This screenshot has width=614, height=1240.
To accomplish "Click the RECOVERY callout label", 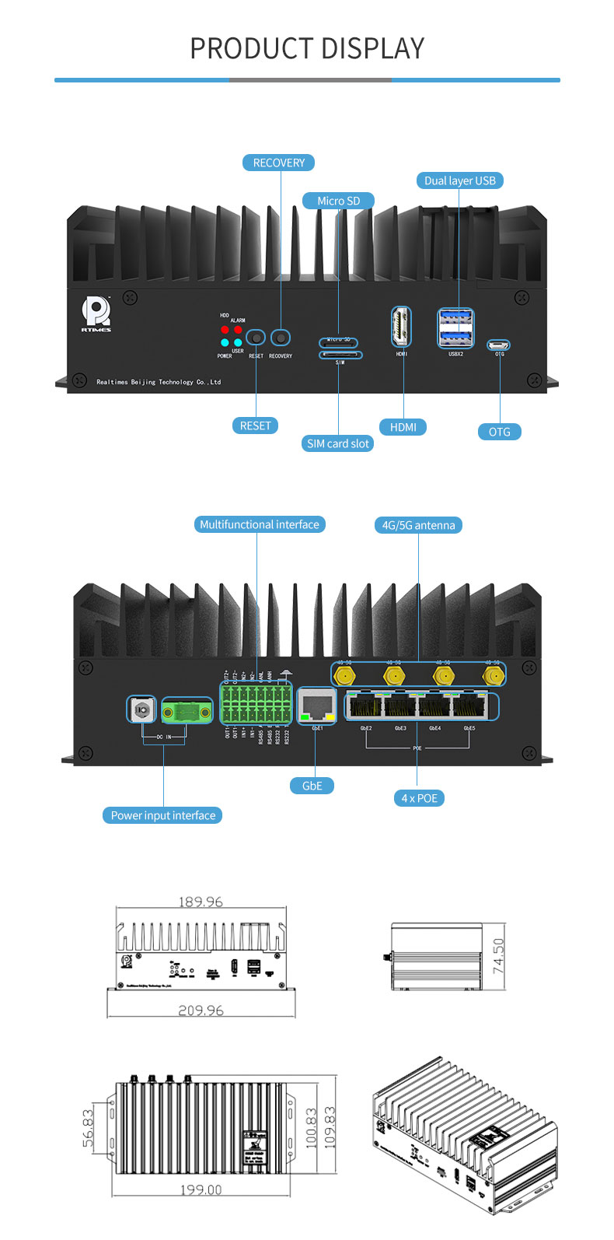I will tap(279, 163).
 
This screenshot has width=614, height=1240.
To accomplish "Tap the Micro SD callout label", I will tap(338, 201).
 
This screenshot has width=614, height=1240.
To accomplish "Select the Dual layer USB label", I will tap(459, 180).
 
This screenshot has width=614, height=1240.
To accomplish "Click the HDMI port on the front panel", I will tap(401, 326).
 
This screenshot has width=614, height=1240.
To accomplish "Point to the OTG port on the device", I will tap(498, 345).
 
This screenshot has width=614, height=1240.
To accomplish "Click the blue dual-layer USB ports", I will tap(455, 328).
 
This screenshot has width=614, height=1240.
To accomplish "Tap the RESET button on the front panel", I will tap(256, 338).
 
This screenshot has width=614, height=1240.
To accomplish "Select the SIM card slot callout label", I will tap(338, 443).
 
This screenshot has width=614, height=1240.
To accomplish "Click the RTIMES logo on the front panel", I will tap(96, 314).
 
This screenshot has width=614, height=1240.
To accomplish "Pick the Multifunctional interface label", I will tap(259, 524).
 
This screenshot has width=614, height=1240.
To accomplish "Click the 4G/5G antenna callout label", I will tap(418, 525).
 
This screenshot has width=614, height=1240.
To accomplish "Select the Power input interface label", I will tap(163, 815).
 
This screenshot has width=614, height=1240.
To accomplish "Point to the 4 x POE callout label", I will tap(419, 798).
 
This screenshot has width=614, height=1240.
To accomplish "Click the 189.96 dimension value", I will tap(201, 902).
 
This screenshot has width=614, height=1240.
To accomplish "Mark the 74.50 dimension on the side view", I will tap(498, 956).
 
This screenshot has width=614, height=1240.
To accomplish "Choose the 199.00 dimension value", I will tap(201, 1189).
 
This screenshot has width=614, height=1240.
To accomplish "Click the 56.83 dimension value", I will tap(88, 1127).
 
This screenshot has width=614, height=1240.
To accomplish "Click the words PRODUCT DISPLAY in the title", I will tap(307, 48).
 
